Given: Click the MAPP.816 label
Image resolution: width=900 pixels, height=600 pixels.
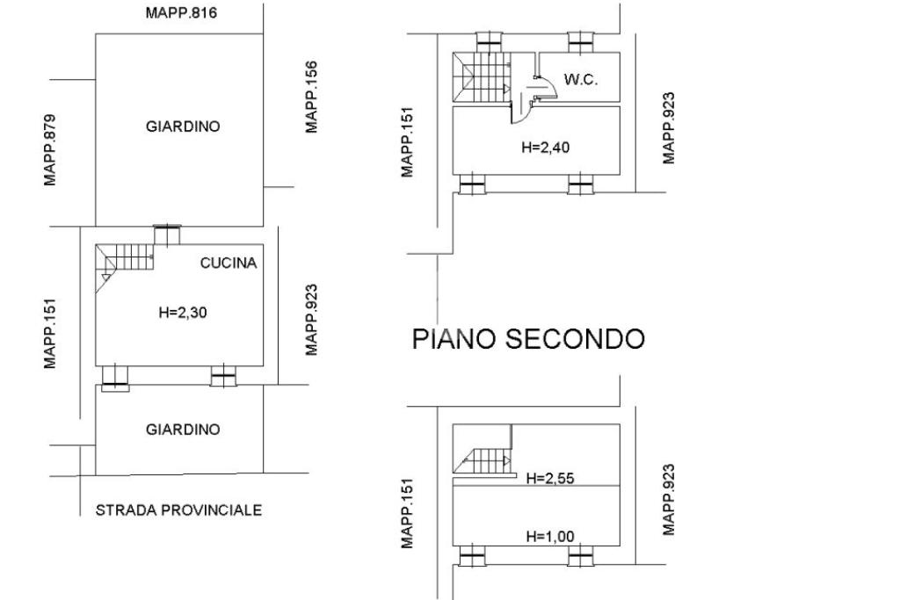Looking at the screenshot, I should click(181, 14).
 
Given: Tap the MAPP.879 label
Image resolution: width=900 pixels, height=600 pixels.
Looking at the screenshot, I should click(51, 150).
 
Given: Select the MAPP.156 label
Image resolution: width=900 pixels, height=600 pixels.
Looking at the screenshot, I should click(312, 97).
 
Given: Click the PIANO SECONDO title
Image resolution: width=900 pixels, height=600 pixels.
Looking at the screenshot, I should click(528, 339).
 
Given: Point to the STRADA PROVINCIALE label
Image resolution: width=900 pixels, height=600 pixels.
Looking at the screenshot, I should click(178, 510).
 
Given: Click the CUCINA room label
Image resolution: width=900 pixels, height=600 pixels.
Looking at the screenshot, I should click(229, 263).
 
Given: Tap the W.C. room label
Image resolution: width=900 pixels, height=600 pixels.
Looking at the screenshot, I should click(580, 80).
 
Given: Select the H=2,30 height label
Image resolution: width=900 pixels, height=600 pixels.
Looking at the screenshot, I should click(184, 310).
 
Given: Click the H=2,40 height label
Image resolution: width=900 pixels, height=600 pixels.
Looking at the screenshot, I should click(545, 148).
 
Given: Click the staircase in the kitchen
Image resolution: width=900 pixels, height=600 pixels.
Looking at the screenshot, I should click(125, 260).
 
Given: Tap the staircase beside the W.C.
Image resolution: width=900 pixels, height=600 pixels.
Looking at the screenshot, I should click(481, 76).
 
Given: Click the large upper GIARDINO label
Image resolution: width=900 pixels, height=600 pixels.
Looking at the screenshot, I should click(183, 127).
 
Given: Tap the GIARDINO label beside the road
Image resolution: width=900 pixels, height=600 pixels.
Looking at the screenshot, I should click(183, 430).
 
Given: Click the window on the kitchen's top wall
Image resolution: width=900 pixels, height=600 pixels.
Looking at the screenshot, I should click(166, 235).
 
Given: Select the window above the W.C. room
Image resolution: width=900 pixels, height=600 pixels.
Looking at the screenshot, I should click(579, 42).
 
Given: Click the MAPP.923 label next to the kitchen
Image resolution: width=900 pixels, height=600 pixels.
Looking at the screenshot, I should click(312, 320).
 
